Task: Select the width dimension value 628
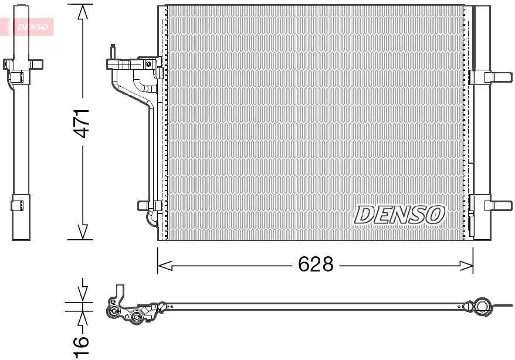point(316,264)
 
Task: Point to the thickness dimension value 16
point(82,346)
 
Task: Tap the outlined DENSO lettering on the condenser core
point(399,215)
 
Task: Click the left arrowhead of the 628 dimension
point(164,266)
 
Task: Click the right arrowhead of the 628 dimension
point(467,266)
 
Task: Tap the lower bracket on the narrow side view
point(18,205)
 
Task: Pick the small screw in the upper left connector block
point(148,63)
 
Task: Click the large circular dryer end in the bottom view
point(482,305)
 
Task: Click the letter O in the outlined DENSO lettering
point(435,215)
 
